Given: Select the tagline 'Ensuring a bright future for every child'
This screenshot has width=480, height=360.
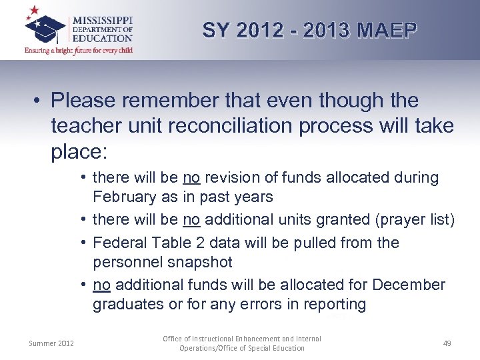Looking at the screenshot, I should click(79, 50).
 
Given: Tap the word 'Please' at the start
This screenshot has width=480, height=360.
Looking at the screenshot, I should click(83, 101).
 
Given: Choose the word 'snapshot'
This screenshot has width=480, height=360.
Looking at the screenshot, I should click(201, 262).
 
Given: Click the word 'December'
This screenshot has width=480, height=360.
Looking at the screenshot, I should click(409, 285).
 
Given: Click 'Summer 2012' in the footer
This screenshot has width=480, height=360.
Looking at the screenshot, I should click(51, 343).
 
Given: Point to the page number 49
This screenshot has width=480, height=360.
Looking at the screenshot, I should click(447, 343).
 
